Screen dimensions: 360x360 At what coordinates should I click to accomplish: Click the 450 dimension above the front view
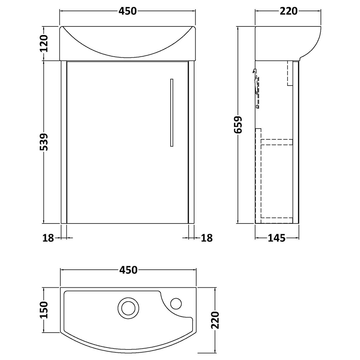[128, 11]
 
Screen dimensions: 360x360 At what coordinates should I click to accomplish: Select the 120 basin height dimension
[44, 43]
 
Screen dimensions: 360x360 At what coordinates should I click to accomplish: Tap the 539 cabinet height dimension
[44, 142]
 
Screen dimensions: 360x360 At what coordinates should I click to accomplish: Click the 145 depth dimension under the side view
[277, 238]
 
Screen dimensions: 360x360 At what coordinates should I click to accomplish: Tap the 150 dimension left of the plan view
[44, 309]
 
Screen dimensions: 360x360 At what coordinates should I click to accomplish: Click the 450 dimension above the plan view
[128, 269]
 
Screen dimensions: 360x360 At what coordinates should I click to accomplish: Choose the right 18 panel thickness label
[207, 238]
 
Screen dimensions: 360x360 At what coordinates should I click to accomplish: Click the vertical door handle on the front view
[172, 112]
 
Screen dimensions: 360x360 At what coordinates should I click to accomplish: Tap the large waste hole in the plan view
[127, 308]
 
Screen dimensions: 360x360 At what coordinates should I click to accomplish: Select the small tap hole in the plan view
[176, 303]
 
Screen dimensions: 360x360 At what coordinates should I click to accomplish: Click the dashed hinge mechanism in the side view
[257, 88]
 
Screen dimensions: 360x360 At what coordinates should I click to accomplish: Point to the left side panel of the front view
[64, 142]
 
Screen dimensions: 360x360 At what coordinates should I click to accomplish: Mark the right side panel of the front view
[191, 142]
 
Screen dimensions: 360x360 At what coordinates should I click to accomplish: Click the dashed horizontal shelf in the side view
[276, 141]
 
